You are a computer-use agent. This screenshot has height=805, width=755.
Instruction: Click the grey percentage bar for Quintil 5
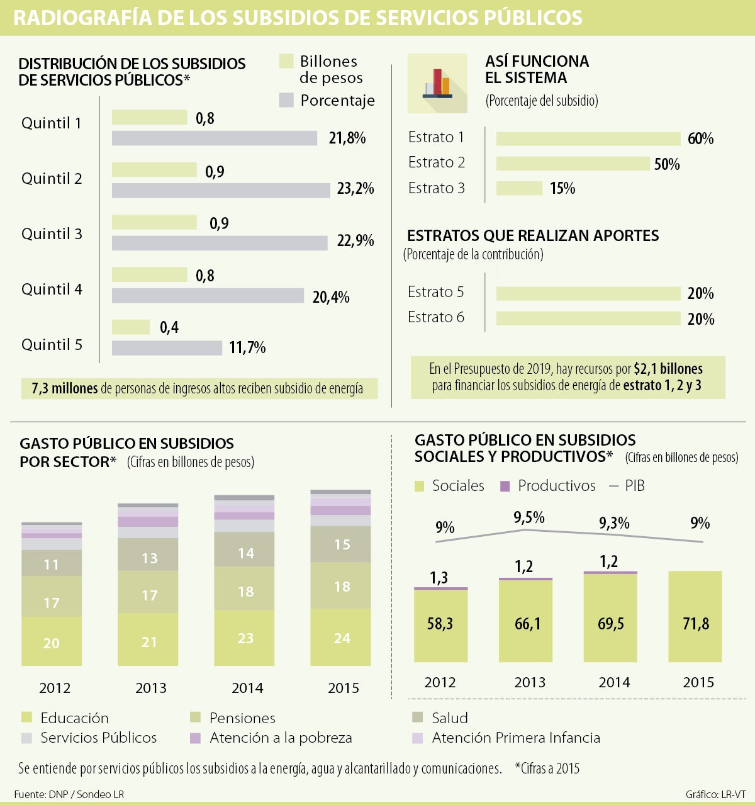tap(167, 348)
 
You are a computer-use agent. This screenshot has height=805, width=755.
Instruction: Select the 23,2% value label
tap(355, 189)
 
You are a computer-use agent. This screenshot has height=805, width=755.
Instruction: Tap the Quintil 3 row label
tap(52, 234)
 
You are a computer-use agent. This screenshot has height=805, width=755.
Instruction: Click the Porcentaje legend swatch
tap(286, 100)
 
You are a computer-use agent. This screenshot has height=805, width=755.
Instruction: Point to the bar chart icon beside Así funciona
tap(437, 83)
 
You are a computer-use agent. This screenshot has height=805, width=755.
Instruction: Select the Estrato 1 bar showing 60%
tap(588, 139)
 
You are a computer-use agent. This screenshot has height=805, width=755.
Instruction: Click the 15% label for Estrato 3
tap(562, 189)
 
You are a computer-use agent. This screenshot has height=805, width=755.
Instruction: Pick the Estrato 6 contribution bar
tap(588, 318)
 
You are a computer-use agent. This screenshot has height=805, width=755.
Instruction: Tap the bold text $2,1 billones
tap(668, 369)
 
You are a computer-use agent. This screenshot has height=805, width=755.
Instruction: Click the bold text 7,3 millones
tap(65, 389)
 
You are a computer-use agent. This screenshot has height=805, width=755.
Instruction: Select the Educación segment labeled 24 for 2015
tap(341, 638)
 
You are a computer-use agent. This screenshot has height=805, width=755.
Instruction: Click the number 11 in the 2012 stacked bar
tap(52, 565)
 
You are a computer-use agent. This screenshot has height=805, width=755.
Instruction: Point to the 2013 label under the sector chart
tap(151, 688)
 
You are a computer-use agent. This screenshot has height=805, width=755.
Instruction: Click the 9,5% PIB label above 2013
tap(529, 517)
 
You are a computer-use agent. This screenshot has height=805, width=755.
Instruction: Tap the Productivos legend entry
tap(548, 486)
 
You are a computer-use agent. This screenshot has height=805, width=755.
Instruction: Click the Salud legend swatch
tap(418, 718)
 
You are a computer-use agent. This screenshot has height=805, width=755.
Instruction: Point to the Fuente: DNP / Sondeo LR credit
tap(69, 794)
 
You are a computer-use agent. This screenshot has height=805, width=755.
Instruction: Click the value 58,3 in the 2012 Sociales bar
tap(440, 624)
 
